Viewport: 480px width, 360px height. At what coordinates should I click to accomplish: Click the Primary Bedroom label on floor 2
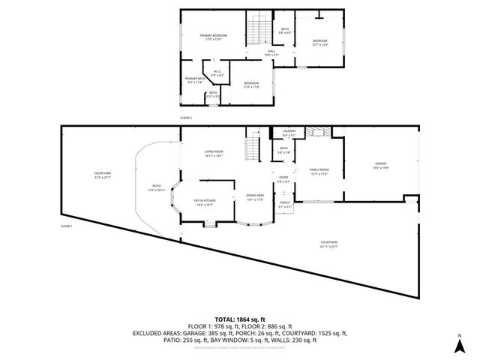pos(213,37)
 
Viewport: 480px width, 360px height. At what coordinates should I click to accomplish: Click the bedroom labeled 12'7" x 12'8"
pos(319,42)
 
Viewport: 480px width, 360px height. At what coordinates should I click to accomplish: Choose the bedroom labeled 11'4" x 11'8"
pos(250,85)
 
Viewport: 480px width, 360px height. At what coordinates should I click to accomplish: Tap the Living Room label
pos(214,154)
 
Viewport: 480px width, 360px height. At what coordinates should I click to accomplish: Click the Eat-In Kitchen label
pos(205,202)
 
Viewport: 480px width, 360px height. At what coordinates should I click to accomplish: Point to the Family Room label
pos(319,172)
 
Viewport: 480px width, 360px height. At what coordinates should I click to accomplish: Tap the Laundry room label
pos(289,133)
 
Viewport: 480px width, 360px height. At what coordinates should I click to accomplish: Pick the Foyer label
pos(283,180)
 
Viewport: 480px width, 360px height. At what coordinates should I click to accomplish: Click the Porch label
pos(285,205)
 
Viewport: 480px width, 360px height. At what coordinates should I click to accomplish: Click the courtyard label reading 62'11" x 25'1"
pos(328,244)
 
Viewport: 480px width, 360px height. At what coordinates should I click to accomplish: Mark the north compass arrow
pos(459,345)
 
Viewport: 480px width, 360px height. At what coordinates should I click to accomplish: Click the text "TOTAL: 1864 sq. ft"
pos(239,319)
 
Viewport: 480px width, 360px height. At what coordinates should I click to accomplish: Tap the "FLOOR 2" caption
pos(185,118)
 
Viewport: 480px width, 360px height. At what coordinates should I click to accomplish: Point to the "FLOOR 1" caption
pos(67,226)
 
